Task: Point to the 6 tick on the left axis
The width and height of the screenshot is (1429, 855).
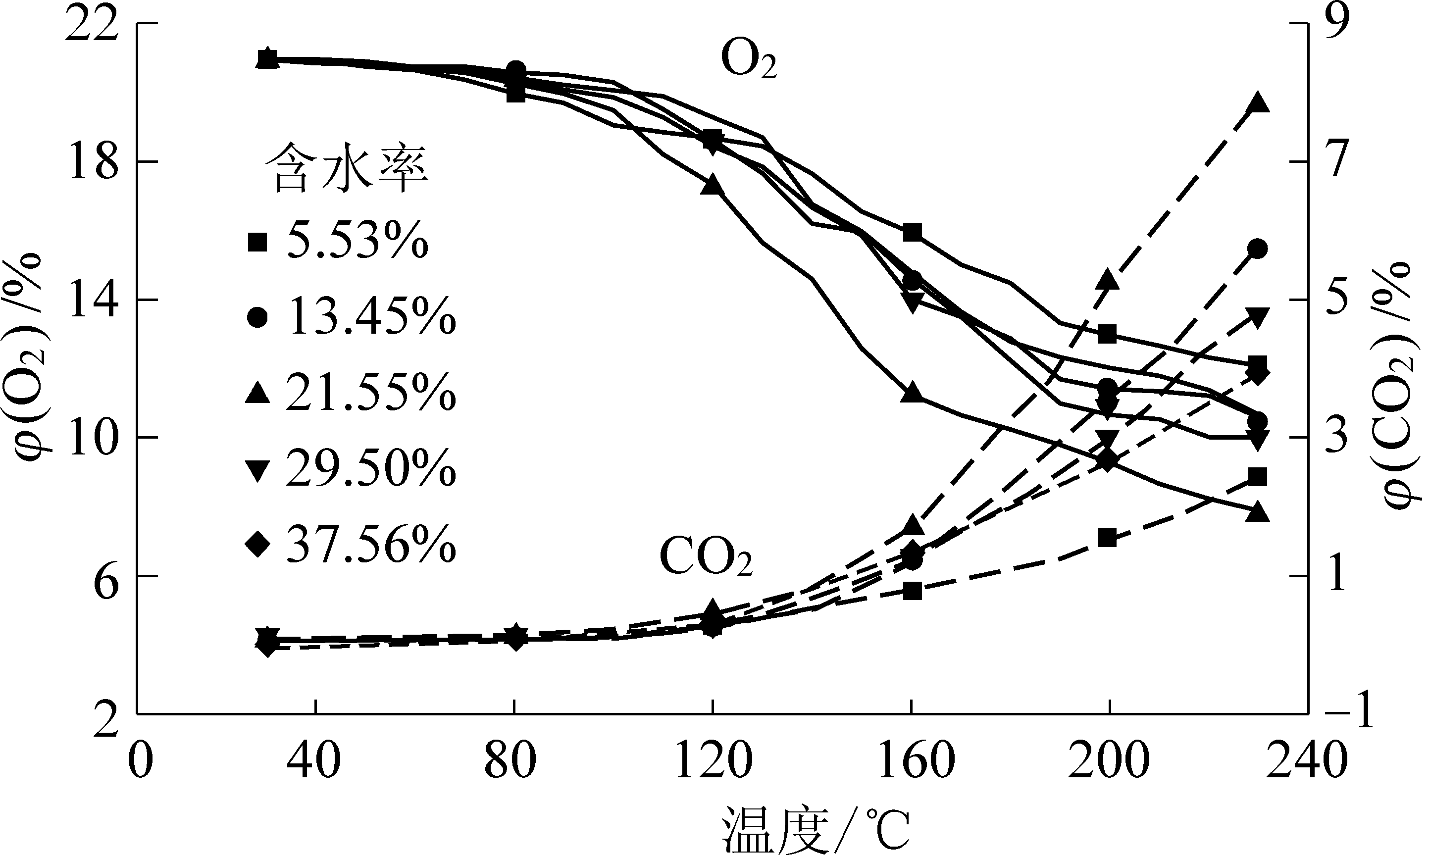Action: (103, 576)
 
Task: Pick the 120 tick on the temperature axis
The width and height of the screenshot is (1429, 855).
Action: (713, 761)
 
